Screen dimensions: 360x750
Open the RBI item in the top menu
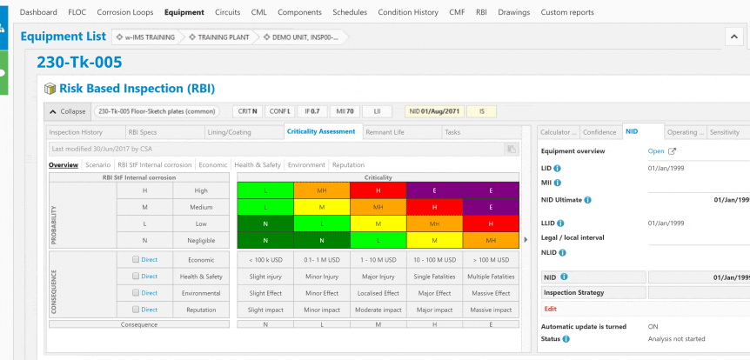coord(481,12)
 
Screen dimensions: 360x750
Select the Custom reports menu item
coord(567,12)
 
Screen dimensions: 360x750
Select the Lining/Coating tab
coord(229,132)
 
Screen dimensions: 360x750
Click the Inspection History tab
coord(76,132)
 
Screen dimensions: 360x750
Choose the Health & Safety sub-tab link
coord(258,164)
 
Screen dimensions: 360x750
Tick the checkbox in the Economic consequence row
coord(135,259)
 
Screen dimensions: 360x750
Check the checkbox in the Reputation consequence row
coord(135,310)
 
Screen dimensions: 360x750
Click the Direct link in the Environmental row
coord(150,293)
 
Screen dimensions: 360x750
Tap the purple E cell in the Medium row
coord(491,207)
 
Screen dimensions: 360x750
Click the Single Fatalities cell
coord(434,277)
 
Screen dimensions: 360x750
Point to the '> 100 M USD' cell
coord(491,259)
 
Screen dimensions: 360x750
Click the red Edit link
coord(550,309)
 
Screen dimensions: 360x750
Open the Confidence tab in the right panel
coord(599,132)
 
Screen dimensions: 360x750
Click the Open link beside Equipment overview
coord(656,150)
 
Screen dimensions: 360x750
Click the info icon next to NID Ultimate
coord(588,199)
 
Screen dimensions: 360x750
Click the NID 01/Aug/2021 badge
coord(435,111)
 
